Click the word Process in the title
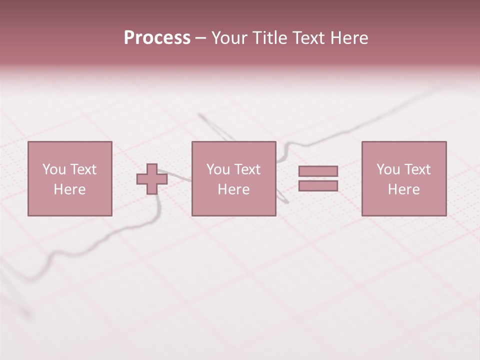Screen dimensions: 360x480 pos(157,38)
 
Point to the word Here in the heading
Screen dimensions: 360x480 pos(349,38)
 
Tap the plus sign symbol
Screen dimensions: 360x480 pos(152,179)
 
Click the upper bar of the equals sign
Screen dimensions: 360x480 pos(318,171)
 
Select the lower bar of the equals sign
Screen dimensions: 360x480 pos(318,186)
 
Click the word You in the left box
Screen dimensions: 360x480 pos(54,169)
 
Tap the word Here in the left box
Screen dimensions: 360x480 pos(69,189)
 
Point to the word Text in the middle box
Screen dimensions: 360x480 pos(246,169)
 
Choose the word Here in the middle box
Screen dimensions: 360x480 pos(233,189)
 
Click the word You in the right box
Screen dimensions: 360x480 pos(388,169)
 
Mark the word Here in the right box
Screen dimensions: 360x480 pos(403,189)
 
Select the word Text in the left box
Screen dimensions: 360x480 pos(82,169)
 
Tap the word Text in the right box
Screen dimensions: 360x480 pos(416,169)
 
